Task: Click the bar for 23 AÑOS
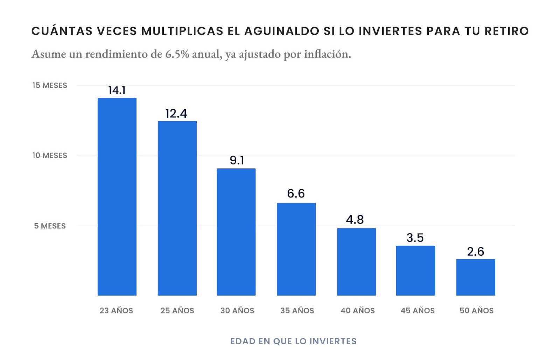[x=117, y=196]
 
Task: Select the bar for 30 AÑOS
[x=236, y=232]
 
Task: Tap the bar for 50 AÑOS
[x=476, y=277]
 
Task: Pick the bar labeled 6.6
[x=296, y=249]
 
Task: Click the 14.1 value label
[x=117, y=90]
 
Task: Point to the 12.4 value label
[x=176, y=113]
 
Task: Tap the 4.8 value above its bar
[x=355, y=220]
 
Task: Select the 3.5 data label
[x=415, y=238]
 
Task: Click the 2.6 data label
[x=475, y=251]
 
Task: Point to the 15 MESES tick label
[x=50, y=85]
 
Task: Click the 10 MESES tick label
[x=50, y=155]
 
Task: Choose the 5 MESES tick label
[x=50, y=226]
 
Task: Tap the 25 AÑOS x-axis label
[x=177, y=311]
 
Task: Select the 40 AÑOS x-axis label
[x=357, y=311]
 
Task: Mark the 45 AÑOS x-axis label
[x=418, y=311]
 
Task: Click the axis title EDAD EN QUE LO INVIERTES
[x=293, y=341]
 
